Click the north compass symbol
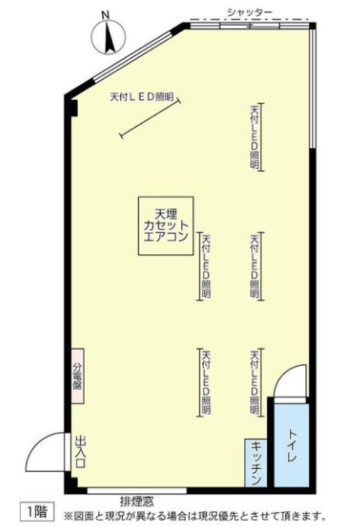108,36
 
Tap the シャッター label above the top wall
250,12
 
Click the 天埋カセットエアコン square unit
166,226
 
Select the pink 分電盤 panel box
78,375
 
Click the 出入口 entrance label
80,452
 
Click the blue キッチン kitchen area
256,463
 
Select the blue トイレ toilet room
291,445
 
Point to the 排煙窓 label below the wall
137,502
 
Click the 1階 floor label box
37,512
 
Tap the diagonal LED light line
150,118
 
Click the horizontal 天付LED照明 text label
141,97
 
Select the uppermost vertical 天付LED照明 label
255,137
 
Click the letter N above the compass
106,14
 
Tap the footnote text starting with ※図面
194,515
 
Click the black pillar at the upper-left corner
72,107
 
